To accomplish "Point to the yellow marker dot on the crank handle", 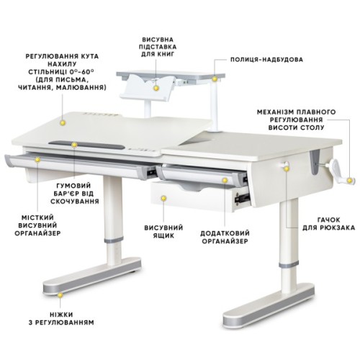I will click(351, 180).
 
